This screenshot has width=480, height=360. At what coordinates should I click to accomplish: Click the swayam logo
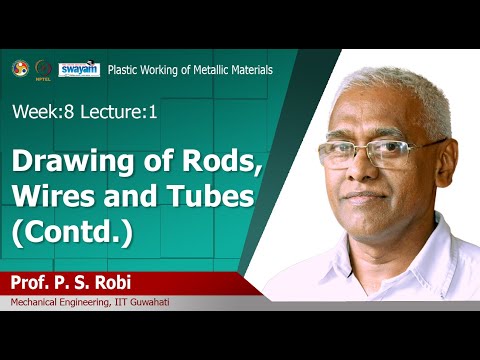(79, 69)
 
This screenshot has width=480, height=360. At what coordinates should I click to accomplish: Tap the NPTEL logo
(43, 69)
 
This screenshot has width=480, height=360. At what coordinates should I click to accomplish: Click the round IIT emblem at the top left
(20, 68)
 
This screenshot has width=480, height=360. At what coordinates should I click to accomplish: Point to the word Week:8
(41, 112)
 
